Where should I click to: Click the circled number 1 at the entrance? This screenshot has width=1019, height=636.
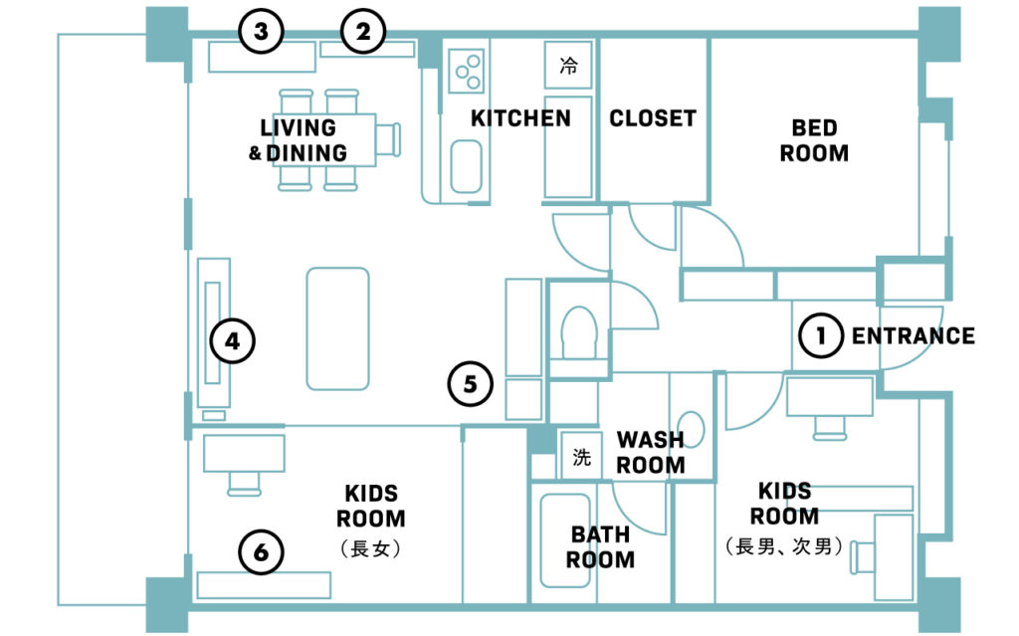pyautogui.click(x=821, y=335)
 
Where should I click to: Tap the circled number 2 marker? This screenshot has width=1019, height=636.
pyautogui.click(x=363, y=31)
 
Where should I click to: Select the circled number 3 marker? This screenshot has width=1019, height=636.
pyautogui.click(x=262, y=31)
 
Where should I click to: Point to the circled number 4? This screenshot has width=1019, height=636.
pyautogui.click(x=233, y=340)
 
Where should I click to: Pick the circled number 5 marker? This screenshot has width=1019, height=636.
pyautogui.click(x=471, y=383)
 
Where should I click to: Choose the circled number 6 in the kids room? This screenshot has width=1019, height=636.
pyautogui.click(x=262, y=552)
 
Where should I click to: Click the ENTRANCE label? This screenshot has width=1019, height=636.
pyautogui.click(x=914, y=336)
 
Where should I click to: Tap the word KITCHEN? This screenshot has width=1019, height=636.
pyautogui.click(x=520, y=118)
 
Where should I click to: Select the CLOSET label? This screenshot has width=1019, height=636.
pyautogui.click(x=653, y=118)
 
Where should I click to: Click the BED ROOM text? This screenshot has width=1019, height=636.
pyautogui.click(x=814, y=140)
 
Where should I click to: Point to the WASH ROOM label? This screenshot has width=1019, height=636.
pyautogui.click(x=651, y=453)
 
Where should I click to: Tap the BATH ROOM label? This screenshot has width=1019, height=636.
pyautogui.click(x=600, y=546)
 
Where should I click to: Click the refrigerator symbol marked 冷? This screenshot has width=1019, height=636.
pyautogui.click(x=568, y=65)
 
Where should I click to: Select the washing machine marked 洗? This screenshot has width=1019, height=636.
pyautogui.click(x=581, y=457)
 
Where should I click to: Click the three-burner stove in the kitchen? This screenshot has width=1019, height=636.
pyautogui.click(x=466, y=71)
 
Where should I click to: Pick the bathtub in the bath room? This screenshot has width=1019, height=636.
pyautogui.click(x=565, y=540)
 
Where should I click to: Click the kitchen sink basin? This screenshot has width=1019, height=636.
pyautogui.click(x=467, y=166)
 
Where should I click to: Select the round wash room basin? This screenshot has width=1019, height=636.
pyautogui.click(x=692, y=430)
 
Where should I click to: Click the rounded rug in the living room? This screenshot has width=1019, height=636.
pyautogui.click(x=338, y=328)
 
